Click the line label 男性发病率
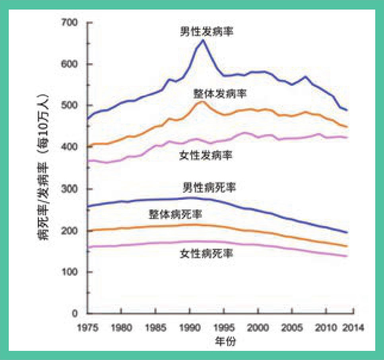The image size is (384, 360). click(x=206, y=31)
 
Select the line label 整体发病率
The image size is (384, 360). click(x=220, y=94)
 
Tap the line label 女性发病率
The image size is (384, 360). click(x=206, y=155)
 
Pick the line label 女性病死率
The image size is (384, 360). click(x=206, y=253)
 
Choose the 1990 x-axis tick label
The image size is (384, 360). click(x=190, y=329)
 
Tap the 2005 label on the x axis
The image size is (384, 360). click(x=293, y=329)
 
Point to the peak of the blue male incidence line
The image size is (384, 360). click(x=203, y=40)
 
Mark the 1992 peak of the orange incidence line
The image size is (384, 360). click(x=202, y=102)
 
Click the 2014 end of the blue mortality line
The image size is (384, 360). click(x=347, y=232)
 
